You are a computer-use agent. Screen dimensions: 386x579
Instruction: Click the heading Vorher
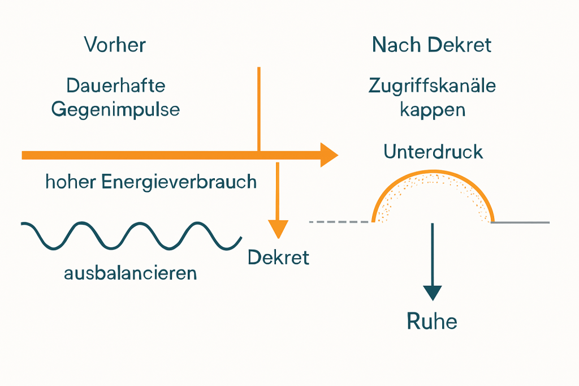pos(115,45)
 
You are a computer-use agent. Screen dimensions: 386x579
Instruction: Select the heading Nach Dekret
pos(432,45)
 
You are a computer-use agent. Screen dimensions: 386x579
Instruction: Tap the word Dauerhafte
pos(115,86)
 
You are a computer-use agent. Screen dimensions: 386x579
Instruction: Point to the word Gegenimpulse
pos(115,109)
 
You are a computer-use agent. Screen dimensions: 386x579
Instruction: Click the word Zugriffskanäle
pos(432,86)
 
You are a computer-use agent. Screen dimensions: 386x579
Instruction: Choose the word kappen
pos(433,110)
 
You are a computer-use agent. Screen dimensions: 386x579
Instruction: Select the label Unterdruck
pos(433,151)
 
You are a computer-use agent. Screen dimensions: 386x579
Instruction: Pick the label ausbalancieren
pos(131,273)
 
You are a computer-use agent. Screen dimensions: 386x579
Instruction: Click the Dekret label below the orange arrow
pos(278,258)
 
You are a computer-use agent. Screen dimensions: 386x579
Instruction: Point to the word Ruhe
pos(432,321)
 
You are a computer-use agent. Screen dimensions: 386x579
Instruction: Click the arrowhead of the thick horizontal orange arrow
pos(328,155)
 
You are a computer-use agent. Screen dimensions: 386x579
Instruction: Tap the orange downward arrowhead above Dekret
pos(278,229)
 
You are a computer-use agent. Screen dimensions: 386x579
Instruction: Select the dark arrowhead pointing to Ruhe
pos(433,292)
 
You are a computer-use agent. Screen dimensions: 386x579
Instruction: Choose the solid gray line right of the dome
pos(520,222)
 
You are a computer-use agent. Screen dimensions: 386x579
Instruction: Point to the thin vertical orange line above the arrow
pos(258,108)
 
